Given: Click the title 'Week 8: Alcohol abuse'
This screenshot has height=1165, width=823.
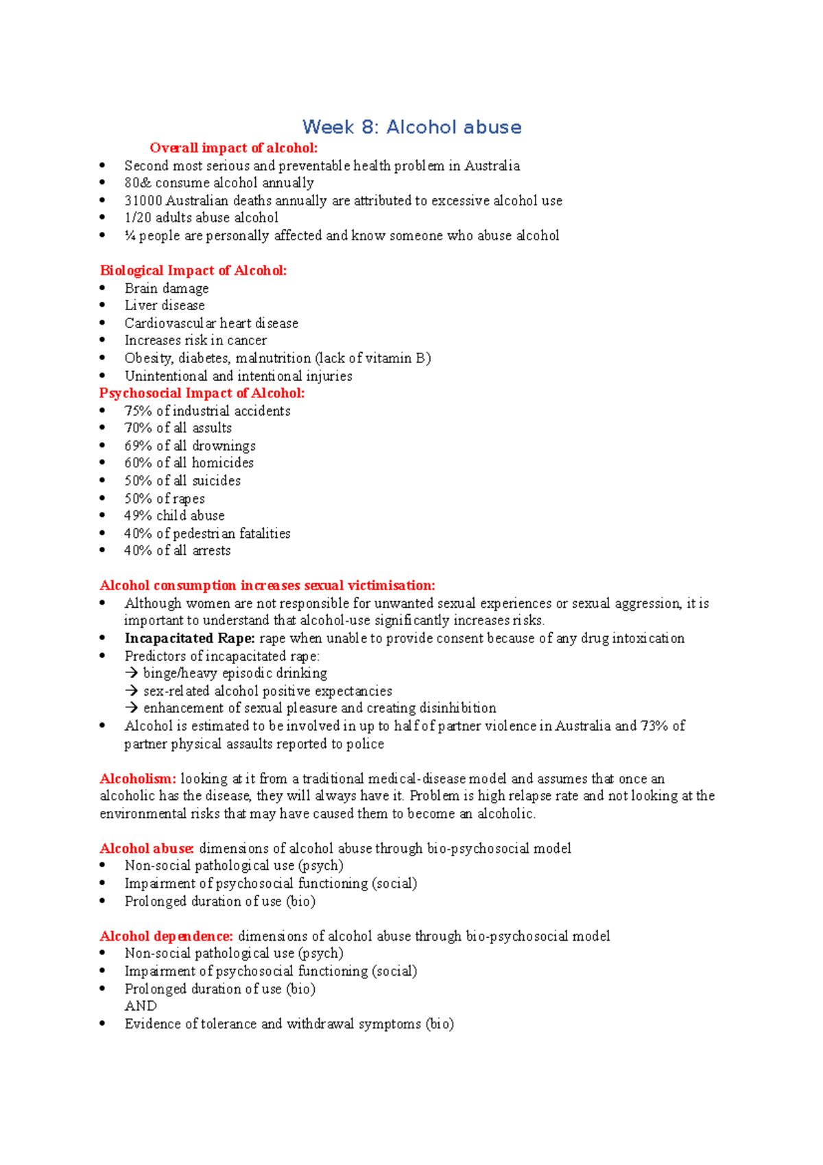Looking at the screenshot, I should coord(411,127).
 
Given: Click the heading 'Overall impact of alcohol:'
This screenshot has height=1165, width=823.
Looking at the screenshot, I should coord(233,148).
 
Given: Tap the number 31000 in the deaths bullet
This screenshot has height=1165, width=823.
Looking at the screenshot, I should coord(143,201).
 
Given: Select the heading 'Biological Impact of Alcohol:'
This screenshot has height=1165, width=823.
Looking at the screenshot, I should coord(193,270).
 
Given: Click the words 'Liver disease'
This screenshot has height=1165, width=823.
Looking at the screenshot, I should coord(165,305).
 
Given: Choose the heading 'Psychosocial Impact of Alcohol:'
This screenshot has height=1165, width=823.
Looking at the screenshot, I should coord(202,393).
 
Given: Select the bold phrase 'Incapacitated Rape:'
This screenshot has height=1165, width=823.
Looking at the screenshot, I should coord(189,638).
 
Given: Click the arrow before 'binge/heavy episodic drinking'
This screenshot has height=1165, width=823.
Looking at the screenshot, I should coord(132,673).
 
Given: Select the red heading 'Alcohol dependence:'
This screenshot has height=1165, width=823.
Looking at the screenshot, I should coord(166,937).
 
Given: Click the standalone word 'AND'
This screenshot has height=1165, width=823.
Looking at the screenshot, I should coord(141,1006).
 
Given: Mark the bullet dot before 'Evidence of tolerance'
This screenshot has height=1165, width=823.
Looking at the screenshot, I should coord(103,1024).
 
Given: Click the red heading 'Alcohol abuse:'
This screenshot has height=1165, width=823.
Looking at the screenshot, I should coord(147,849).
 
